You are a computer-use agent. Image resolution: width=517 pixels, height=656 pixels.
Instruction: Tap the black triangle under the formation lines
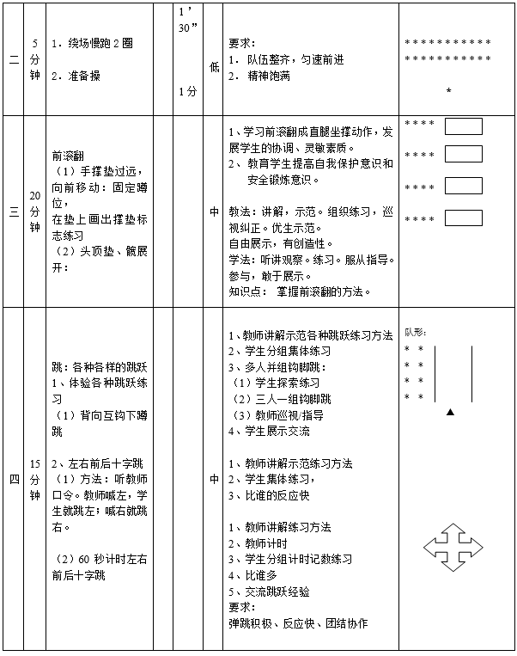450,413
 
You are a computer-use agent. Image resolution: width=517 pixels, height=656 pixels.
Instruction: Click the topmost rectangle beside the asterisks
464,127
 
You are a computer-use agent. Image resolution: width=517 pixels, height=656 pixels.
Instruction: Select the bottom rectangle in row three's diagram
464,218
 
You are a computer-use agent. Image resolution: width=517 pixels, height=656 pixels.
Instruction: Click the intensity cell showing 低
213,66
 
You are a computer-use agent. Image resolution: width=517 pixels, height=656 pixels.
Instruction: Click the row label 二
13,59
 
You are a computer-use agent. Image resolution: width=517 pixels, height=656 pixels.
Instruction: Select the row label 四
13,480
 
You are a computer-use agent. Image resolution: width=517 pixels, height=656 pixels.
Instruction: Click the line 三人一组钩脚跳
283,399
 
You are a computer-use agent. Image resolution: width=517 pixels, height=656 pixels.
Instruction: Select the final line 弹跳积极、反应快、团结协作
297,623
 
